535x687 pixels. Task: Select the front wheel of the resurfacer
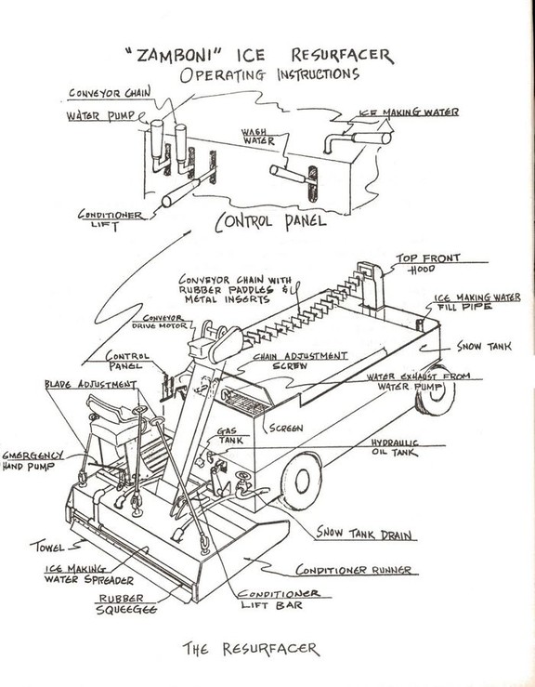click(300, 480)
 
